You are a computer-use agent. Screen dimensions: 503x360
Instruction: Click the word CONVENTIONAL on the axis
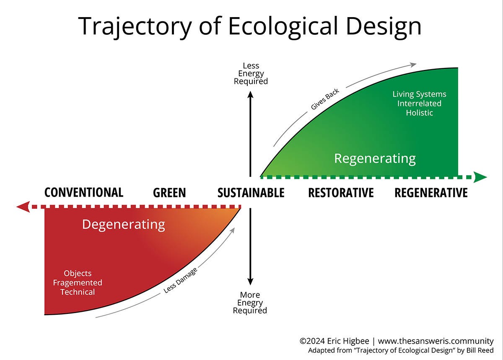pyautogui.click(x=84, y=192)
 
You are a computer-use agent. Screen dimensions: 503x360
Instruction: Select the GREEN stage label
pyautogui.click(x=169, y=193)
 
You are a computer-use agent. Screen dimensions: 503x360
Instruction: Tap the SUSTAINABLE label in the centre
pyautogui.click(x=251, y=193)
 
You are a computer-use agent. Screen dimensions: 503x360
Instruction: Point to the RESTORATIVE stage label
pyautogui.click(x=341, y=193)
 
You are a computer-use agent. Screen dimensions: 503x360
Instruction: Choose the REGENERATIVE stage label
pyautogui.click(x=431, y=193)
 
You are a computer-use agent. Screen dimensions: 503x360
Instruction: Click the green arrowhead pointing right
pyautogui.click(x=481, y=177)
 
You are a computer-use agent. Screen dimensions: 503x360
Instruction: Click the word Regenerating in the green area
pyautogui.click(x=375, y=158)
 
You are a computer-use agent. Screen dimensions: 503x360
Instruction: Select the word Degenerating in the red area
pyautogui.click(x=123, y=224)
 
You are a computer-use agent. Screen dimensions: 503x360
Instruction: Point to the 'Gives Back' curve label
pyautogui.click(x=325, y=99)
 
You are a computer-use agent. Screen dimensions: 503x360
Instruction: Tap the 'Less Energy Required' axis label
pyautogui.click(x=251, y=73)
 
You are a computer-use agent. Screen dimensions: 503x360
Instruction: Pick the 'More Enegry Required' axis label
pyautogui.click(x=250, y=303)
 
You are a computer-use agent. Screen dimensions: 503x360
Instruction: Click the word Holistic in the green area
pyautogui.click(x=419, y=113)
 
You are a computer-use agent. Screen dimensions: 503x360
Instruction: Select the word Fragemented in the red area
pyautogui.click(x=78, y=282)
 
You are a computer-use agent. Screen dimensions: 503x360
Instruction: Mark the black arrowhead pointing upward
pyautogui.click(x=251, y=95)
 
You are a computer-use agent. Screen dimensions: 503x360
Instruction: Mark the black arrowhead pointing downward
pyautogui.click(x=250, y=282)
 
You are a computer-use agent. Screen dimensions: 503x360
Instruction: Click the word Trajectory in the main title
pyautogui.click(x=135, y=26)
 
